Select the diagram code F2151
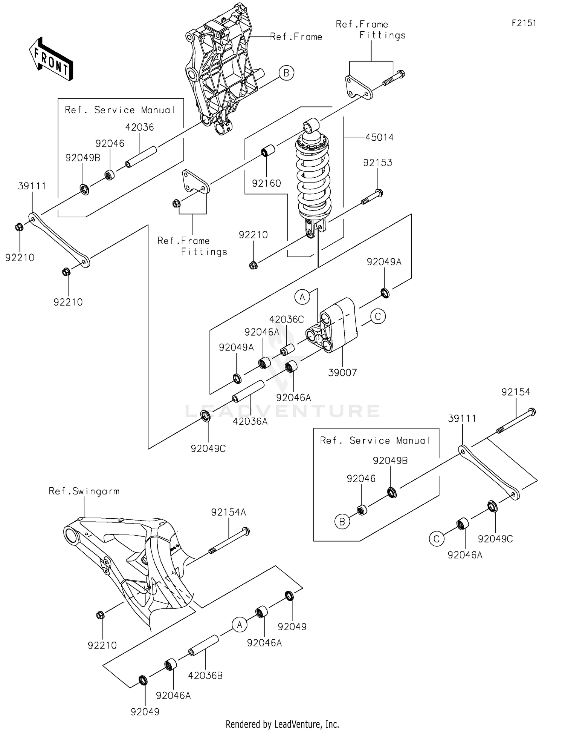point(524,23)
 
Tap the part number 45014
point(379,137)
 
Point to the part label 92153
point(377,163)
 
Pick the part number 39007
point(342,373)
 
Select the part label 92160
point(266,183)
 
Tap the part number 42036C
point(286,319)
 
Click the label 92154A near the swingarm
point(228,512)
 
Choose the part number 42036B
point(205,676)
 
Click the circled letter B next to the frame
point(286,73)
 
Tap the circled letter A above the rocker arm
point(302,297)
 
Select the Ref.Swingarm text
point(84,491)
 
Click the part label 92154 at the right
point(515,392)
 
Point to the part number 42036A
point(250,421)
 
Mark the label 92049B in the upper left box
point(83,158)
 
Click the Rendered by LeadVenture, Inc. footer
point(282,724)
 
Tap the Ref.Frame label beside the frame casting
point(296,37)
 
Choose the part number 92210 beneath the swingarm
point(102,645)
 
